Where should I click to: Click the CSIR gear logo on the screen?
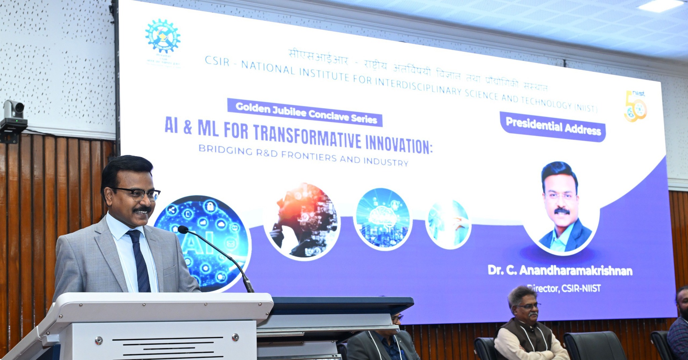pyautogui.click(x=163, y=36)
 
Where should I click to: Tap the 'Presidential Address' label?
pyautogui.click(x=553, y=126)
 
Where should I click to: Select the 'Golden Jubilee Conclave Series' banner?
pyautogui.click(x=305, y=113)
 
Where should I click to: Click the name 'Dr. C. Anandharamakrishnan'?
pyautogui.click(x=560, y=270)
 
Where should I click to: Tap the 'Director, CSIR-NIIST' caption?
pyautogui.click(x=564, y=288)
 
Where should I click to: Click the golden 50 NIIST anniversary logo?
pyautogui.click(x=635, y=106)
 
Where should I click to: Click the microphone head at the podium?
pyautogui.click(x=183, y=230)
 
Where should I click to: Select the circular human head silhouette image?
pyautogui.click(x=302, y=221)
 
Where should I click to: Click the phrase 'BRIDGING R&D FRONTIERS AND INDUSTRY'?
pyautogui.click(x=303, y=155)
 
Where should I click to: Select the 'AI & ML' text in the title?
pyautogui.click(x=191, y=127)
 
